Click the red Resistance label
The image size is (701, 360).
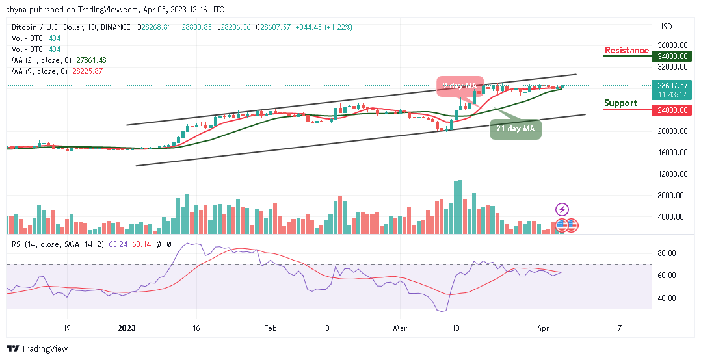(x=626, y=50)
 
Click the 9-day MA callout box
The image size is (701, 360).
(x=460, y=86)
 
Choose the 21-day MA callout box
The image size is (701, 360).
(x=515, y=129)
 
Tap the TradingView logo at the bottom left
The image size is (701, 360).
(x=37, y=349)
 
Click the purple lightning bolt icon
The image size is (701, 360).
(x=562, y=210)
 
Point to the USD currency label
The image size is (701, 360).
(x=665, y=27)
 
